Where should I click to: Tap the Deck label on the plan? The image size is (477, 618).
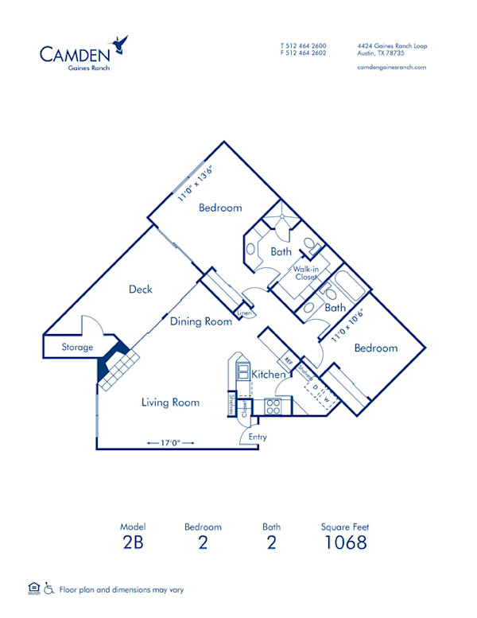pyautogui.click(x=141, y=290)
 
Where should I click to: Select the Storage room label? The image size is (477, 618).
pyautogui.click(x=78, y=348)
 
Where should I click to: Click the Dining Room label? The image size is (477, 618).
pyautogui.click(x=201, y=321)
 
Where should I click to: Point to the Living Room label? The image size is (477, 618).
pyautogui.click(x=170, y=402)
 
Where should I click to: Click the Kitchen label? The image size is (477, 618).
pyautogui.click(x=269, y=374)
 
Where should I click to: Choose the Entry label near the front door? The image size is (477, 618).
pyautogui.click(x=258, y=437)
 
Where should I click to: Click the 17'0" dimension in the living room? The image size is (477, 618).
pyautogui.click(x=164, y=442)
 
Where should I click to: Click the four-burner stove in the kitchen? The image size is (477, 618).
pyautogui.click(x=273, y=406)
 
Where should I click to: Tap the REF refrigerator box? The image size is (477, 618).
pyautogui.click(x=289, y=363)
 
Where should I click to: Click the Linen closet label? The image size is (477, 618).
pyautogui.click(x=245, y=314)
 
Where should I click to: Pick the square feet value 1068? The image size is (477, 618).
pyautogui.click(x=345, y=543)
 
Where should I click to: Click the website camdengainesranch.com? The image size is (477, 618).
pyautogui.click(x=393, y=68)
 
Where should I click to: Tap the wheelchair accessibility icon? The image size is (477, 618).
pyautogui.click(x=48, y=589)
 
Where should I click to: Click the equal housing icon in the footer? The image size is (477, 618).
pyautogui.click(x=33, y=589)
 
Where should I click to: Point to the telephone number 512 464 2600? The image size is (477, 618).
pyautogui.click(x=307, y=46)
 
